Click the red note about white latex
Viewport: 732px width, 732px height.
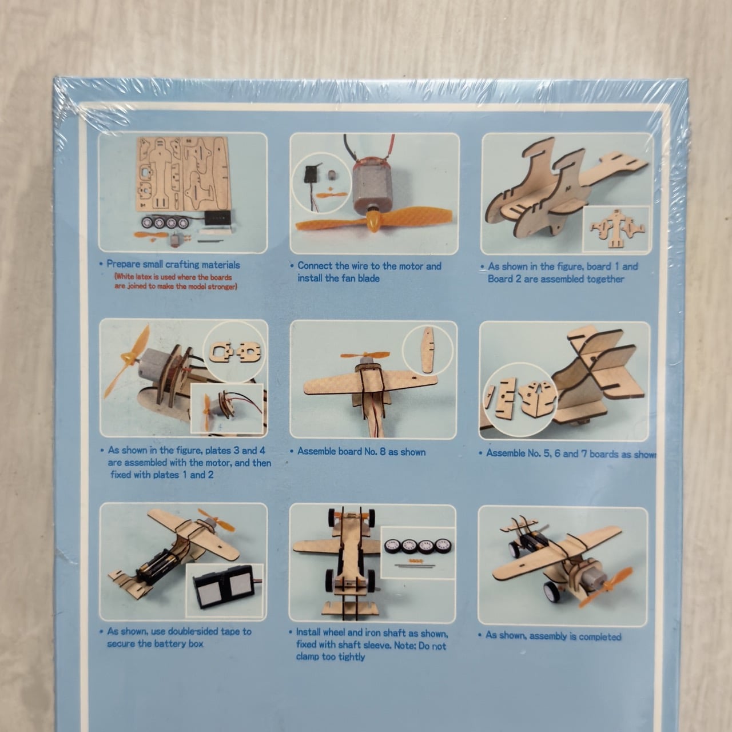176,281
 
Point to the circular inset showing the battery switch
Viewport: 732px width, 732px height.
323,183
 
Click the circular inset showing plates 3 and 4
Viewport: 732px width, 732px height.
235,352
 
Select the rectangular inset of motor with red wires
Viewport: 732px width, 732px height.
227,408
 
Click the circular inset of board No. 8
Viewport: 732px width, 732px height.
428,350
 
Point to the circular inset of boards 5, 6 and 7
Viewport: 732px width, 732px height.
520,399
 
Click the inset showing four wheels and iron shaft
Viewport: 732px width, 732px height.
418,552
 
